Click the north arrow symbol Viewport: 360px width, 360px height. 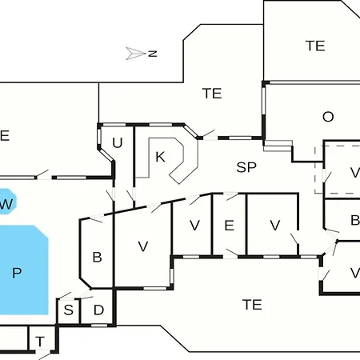tap(136, 54)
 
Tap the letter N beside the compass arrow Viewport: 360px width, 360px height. tap(153, 54)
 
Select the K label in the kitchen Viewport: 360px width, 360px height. tap(160, 157)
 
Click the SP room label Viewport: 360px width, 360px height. tap(246, 167)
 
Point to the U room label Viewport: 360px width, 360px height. tap(118, 142)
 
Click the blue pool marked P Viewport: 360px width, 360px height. tap(23, 270)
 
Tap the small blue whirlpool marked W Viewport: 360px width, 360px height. tap(7, 202)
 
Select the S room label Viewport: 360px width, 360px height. tap(69, 310)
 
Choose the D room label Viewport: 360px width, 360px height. tap(98, 310)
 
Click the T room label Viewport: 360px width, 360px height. tap(40, 342)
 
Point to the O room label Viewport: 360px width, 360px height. tap(328, 117)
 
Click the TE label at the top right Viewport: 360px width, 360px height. tap(315, 46)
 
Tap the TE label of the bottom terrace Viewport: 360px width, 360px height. tap(252, 305)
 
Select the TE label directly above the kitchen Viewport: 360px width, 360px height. tap(212, 94)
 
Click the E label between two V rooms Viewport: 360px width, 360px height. tap(229, 226)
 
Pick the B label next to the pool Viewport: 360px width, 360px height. tap(97, 257)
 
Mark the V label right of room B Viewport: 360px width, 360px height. tap(143, 246)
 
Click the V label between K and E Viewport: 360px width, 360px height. tap(194, 226)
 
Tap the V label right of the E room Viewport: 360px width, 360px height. tap(275, 226)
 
